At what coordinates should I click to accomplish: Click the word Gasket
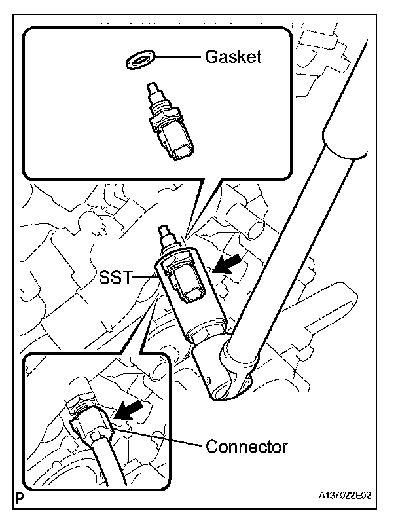tap(233, 57)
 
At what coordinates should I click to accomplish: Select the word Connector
tap(246, 447)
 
